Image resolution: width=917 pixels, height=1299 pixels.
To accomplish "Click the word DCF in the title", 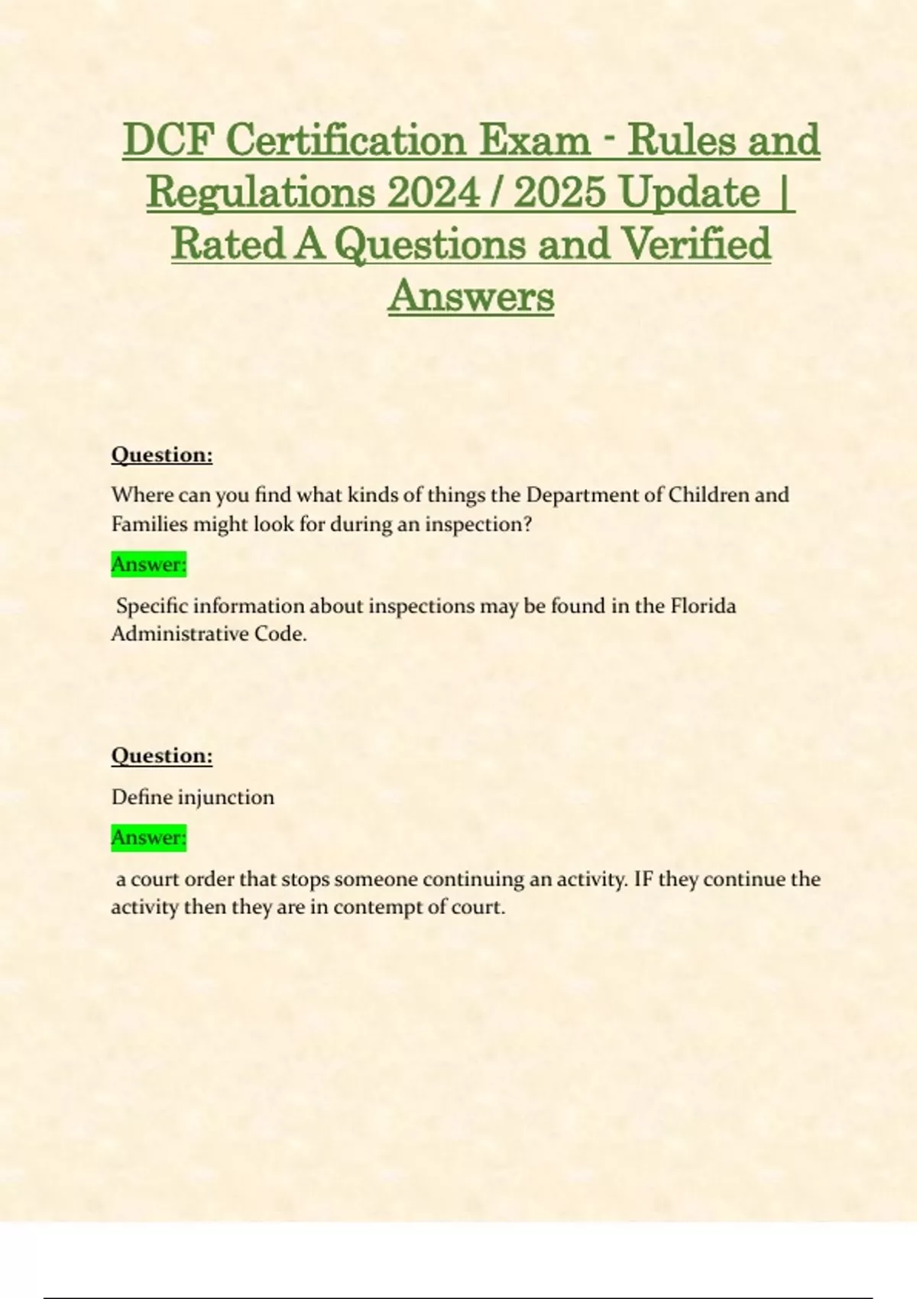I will tap(169, 141).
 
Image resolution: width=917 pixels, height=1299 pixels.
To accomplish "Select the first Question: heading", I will tap(162, 455).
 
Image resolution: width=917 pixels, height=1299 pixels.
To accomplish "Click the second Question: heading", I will tap(162, 756).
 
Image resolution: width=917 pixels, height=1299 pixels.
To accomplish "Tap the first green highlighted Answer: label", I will tap(149, 565).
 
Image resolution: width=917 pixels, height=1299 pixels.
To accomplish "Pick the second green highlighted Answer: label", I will tap(149, 837).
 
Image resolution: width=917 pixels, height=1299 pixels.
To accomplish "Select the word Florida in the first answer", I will tap(703, 606).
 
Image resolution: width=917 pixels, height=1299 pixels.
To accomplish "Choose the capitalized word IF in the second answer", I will tap(643, 879).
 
